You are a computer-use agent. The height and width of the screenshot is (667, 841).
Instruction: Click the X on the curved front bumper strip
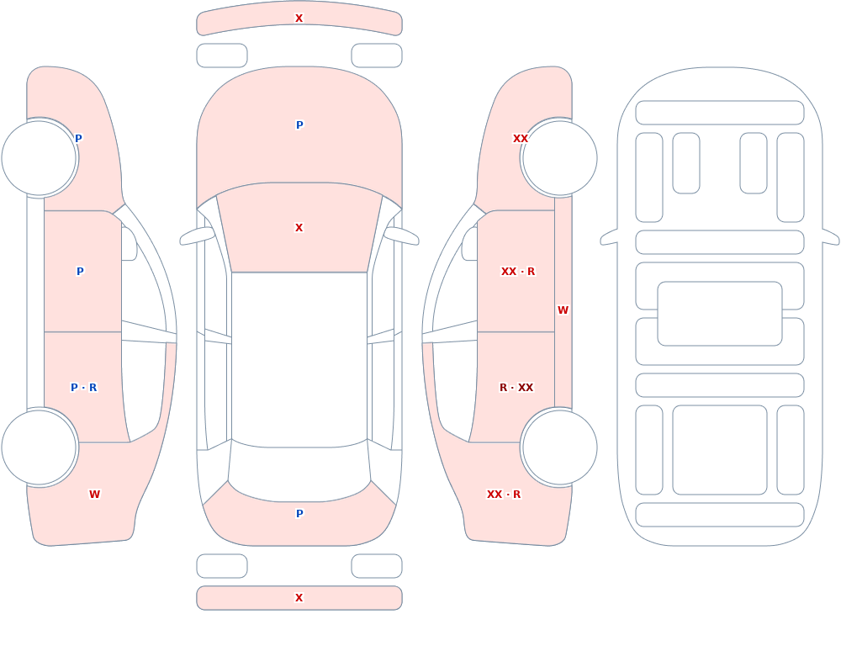[299, 19]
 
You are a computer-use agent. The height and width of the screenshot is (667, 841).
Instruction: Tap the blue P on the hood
[299, 125]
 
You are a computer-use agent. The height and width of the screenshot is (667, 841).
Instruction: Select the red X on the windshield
[299, 228]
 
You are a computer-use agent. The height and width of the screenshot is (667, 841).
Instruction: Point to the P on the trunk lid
[299, 514]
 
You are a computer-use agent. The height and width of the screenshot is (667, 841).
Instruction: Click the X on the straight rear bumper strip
[299, 598]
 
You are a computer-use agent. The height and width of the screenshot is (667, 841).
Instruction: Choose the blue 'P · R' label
[83, 388]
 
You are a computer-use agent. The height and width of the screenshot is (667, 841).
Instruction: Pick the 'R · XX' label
[516, 388]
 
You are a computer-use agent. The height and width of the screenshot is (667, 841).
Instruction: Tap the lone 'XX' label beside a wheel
[521, 139]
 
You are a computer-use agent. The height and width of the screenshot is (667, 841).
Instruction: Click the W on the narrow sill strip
[563, 310]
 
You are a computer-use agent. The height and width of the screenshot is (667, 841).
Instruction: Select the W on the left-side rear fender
[94, 495]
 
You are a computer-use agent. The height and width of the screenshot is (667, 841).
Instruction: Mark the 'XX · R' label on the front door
[517, 272]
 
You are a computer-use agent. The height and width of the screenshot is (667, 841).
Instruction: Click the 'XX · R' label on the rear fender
[503, 495]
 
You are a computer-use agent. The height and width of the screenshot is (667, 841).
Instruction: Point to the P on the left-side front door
[80, 272]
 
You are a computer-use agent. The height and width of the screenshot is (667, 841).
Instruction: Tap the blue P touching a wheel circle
[78, 139]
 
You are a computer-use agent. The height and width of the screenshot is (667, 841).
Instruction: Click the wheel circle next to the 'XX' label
[559, 158]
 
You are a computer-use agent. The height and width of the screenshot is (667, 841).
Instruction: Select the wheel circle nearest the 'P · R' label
[40, 447]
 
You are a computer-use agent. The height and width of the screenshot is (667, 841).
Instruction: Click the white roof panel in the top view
[299, 358]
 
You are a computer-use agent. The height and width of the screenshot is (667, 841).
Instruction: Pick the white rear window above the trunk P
[299, 472]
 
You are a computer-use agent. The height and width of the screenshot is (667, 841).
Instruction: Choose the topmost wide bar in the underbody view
[719, 113]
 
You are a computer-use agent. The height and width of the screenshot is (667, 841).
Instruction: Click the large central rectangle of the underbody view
[719, 314]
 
